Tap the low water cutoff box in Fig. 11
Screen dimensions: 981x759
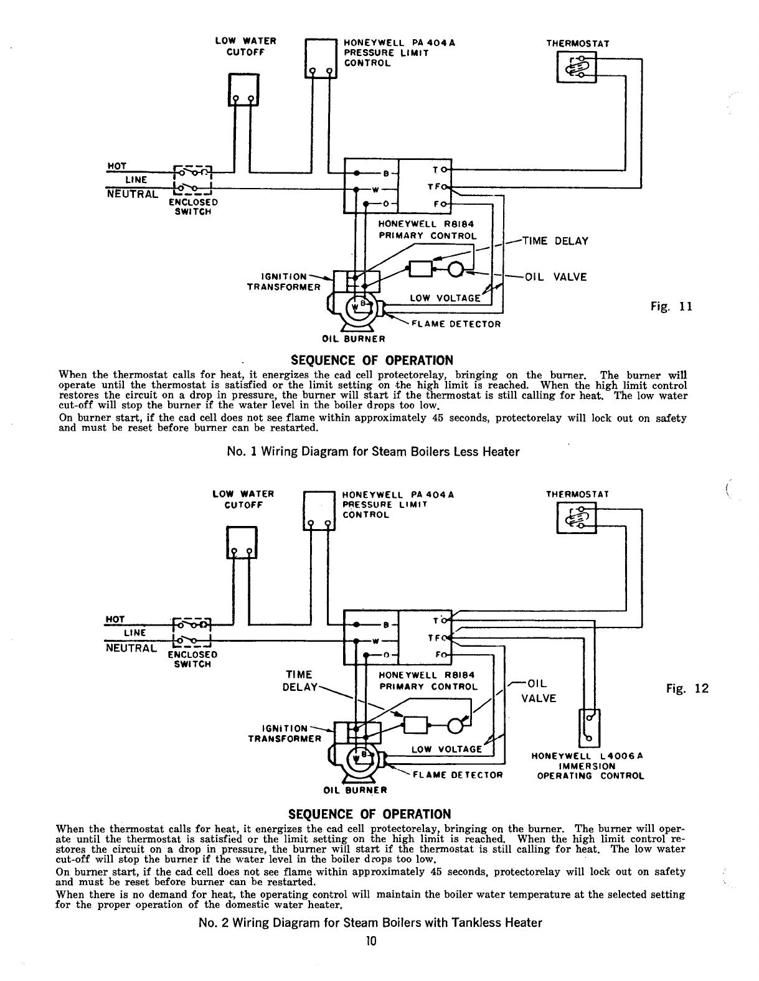[243, 90]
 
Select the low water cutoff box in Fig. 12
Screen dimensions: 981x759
[241, 542]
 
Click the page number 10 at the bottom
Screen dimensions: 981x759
[372, 941]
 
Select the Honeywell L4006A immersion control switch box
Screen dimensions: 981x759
[590, 728]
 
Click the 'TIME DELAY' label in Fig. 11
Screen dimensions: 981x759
[555, 242]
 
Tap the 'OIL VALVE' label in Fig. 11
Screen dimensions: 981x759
[556, 278]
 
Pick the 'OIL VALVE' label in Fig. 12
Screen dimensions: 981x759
[539, 690]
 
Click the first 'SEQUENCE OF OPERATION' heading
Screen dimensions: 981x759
[372, 361]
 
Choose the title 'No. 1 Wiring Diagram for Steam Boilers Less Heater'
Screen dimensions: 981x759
[373, 452]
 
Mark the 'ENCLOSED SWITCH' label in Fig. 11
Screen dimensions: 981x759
[194, 207]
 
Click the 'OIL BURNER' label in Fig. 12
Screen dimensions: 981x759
[356, 791]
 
